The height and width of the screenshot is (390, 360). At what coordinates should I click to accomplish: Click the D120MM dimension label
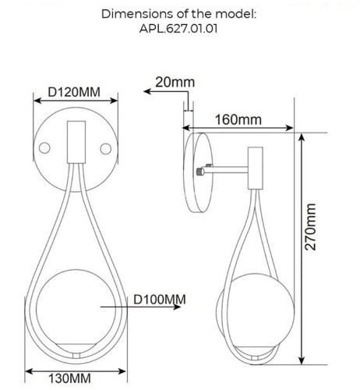click(x=74, y=92)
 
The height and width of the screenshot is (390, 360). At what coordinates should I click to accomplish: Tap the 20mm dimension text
click(x=175, y=82)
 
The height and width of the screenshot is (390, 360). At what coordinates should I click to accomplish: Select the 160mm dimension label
click(x=238, y=119)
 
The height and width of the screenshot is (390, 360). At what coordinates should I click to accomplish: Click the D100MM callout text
click(x=159, y=299)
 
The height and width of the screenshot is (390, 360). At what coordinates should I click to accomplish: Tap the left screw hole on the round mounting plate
click(x=44, y=147)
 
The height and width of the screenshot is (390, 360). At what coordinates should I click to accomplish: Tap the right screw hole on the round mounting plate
click(x=107, y=147)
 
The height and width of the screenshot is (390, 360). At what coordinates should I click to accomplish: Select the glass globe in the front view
click(x=76, y=310)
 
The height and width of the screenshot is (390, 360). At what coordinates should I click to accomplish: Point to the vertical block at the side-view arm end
click(x=255, y=168)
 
